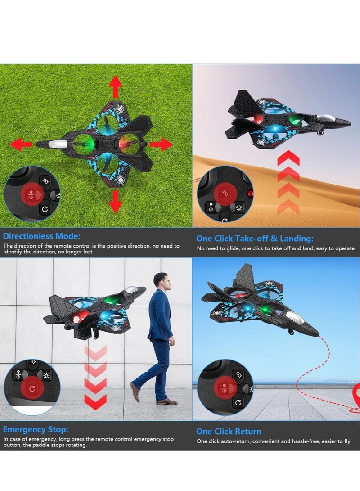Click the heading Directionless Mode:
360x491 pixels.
pyautogui.click(x=42, y=236)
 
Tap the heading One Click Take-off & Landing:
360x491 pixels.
pyautogui.click(x=255, y=239)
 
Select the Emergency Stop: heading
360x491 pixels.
pyautogui.click(x=36, y=429)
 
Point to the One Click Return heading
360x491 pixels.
pyautogui.click(x=229, y=431)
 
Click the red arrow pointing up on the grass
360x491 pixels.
pyautogui.click(x=116, y=86)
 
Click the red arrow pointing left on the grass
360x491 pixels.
pyautogui.click(x=21, y=144)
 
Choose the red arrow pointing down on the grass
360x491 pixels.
pyautogui.click(x=116, y=201)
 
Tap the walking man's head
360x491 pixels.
pyautogui.click(x=162, y=281)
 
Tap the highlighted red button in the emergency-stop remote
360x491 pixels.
pyautogui.click(x=31, y=388)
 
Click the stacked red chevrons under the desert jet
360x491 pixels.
pyautogui.click(x=288, y=182)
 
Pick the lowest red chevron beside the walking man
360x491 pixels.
pyautogui.click(x=95, y=401)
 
